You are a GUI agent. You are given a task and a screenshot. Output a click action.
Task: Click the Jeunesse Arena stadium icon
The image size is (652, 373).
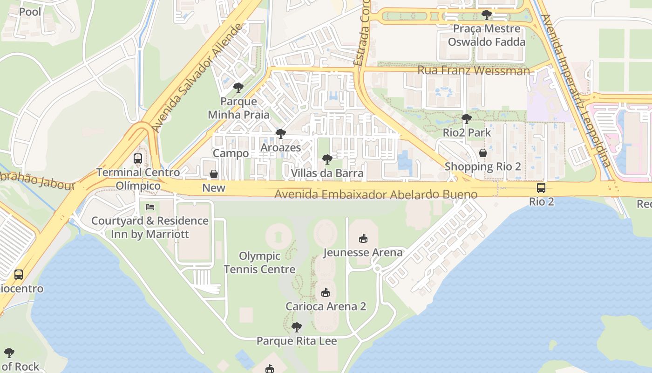coord(363,239)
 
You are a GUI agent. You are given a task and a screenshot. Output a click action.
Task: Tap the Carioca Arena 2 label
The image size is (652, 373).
coord(326,306)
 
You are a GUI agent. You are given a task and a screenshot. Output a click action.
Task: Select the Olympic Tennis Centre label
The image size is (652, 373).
coord(259,262)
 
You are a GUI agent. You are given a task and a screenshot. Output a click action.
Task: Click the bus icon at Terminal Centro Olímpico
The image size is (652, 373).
coord(138,159)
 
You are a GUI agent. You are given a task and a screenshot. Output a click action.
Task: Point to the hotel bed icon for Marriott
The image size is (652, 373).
coord(150,207)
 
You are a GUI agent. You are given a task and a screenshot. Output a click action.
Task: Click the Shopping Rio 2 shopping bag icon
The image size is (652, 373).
coord(483,153)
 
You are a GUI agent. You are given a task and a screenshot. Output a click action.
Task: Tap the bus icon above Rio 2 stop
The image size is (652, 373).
coord(541,188)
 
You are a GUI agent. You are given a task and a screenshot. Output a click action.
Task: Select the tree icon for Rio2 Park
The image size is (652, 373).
coord(466,119)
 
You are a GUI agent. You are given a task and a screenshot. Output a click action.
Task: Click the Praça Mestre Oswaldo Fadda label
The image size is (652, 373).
coord(486,35)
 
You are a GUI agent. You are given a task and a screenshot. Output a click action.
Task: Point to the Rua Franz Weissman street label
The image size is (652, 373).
coord(474,71)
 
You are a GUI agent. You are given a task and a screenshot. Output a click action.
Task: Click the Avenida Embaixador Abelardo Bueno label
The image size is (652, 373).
coord(376,194)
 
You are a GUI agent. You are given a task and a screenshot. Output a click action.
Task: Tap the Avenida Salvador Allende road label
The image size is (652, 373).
coord(197,77)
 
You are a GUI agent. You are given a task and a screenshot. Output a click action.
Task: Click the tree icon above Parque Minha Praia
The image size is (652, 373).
coord(238,88)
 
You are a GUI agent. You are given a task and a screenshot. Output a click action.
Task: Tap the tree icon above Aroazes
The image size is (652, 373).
coord(280,134)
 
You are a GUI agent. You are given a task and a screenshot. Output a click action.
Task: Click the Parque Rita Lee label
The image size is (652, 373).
coord(297,341)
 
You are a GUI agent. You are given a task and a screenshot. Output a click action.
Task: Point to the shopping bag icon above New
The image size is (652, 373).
coord(214,174)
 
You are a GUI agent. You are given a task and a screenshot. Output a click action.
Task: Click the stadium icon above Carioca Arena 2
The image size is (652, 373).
coord(326,293)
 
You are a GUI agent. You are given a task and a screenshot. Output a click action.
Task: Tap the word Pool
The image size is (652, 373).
coord(30,12)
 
